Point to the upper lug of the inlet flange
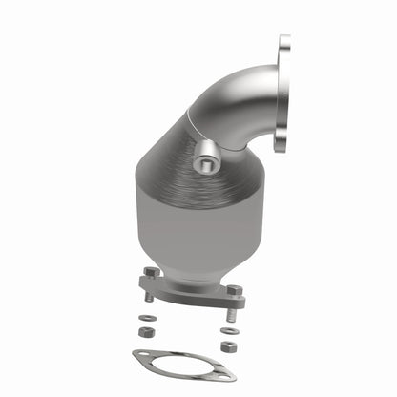[x=284, y=49]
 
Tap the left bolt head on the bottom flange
[x=151, y=273]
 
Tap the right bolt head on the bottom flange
[x=232, y=290]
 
